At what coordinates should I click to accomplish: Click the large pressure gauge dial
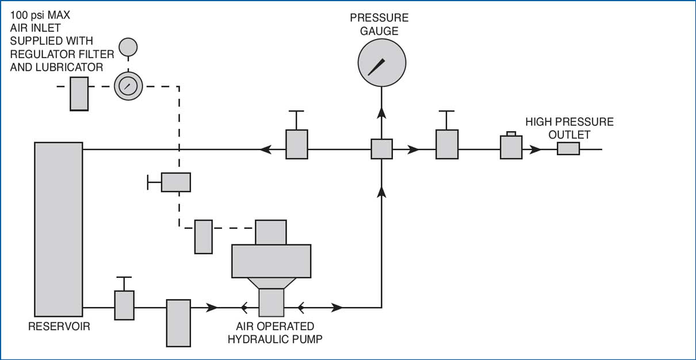point(381,62)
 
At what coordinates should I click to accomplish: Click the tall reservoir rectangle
point(58,229)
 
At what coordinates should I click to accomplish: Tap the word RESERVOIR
point(59,327)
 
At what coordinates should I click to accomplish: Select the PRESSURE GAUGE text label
point(379,25)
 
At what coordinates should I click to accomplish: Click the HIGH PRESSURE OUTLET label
point(569,128)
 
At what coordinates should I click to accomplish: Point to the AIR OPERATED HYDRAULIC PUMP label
point(275,333)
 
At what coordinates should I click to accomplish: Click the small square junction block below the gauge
point(381,149)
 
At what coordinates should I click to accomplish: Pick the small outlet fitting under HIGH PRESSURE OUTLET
point(568,149)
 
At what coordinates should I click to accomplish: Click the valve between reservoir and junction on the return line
point(297,144)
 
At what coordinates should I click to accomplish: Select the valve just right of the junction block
point(447,144)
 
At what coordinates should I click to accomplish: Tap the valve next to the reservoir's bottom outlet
point(124,305)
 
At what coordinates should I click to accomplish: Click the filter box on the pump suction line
point(178,323)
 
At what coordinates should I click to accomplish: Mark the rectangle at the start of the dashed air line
point(79,94)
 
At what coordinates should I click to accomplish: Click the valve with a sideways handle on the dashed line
point(175,182)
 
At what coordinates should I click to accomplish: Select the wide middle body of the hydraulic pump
point(271,261)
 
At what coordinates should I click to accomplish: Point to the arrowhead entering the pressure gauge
point(381,112)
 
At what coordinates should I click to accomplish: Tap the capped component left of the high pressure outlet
point(511,147)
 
